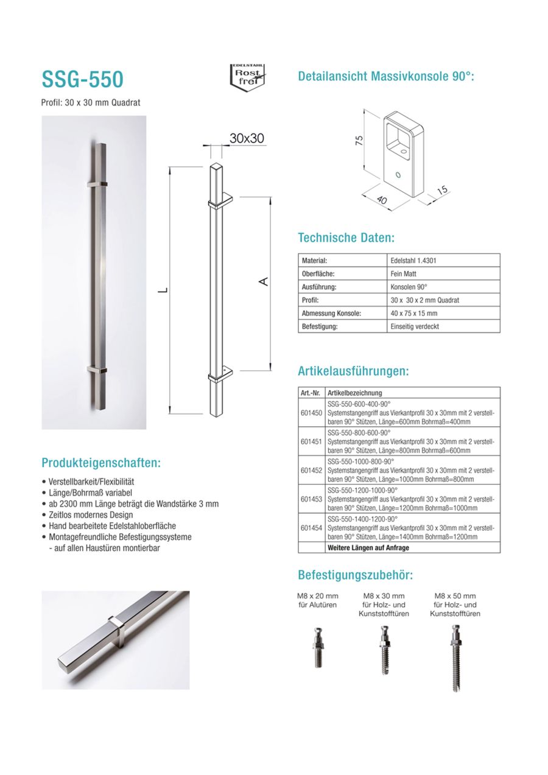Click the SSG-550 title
(x=82, y=79)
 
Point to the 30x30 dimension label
(x=247, y=139)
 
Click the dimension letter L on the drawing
(x=162, y=291)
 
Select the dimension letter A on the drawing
(x=263, y=281)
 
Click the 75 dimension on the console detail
(x=359, y=139)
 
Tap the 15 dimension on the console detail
(x=443, y=191)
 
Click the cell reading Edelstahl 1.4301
(x=413, y=261)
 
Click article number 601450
(x=312, y=412)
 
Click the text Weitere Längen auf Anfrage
(x=368, y=547)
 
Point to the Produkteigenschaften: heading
(x=101, y=463)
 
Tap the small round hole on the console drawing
(x=398, y=175)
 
